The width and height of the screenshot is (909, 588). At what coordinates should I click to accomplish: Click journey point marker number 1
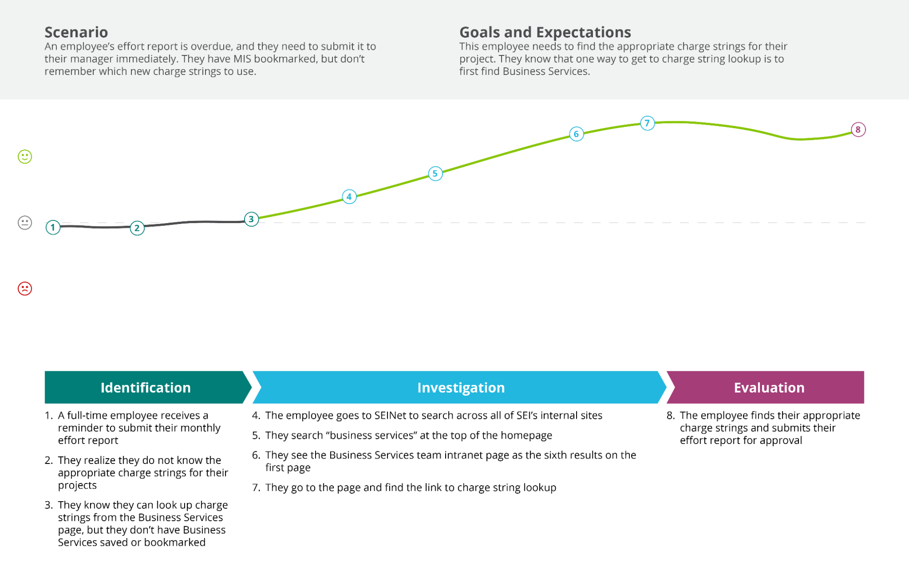click(x=53, y=227)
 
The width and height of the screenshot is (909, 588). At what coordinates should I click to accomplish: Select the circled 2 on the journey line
click(x=137, y=228)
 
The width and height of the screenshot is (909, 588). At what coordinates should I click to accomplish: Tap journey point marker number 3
click(x=251, y=219)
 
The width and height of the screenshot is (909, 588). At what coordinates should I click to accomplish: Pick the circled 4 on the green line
click(x=349, y=197)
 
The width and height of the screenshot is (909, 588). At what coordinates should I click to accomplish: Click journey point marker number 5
click(x=435, y=174)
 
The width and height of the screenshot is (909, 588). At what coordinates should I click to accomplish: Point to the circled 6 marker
click(x=576, y=134)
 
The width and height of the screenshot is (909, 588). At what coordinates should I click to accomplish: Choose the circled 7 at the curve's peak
click(x=647, y=123)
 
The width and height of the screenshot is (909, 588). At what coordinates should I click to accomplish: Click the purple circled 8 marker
click(x=858, y=130)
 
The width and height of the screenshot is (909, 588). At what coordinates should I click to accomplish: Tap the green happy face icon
click(x=25, y=157)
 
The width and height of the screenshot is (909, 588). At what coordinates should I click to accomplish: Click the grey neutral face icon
click(x=25, y=223)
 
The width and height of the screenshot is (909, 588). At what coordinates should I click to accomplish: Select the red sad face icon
click(x=25, y=289)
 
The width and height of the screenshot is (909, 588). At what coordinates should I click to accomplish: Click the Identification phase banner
click(x=146, y=388)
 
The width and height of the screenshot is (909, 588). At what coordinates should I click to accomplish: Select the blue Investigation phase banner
click(x=460, y=388)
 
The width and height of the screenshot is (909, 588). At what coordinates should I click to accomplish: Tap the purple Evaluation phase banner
click(x=768, y=388)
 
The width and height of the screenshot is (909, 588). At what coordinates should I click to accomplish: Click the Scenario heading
click(x=76, y=32)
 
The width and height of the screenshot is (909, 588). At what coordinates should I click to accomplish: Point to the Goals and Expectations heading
click(x=545, y=32)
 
